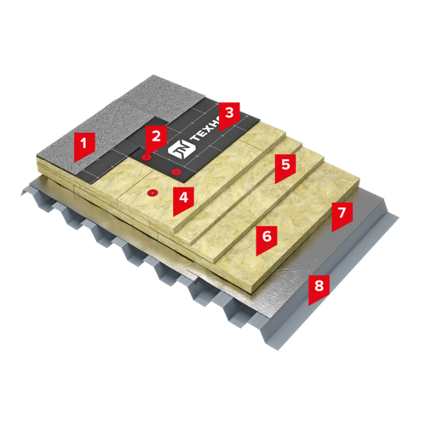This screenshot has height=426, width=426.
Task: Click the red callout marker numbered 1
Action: coord(84,145)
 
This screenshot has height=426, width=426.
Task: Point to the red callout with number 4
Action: coord(183,199)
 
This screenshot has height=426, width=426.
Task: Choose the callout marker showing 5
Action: coord(285,167)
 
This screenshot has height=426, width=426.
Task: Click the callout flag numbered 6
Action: coord(267,239)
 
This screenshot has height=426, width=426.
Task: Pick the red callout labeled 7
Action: coord(342,215)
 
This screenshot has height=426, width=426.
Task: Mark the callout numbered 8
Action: coord(319,288)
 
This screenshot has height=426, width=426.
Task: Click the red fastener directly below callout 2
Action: coord(147,158)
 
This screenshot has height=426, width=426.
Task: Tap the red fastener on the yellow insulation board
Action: coord(153,193)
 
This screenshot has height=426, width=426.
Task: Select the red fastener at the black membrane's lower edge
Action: coord(176,171)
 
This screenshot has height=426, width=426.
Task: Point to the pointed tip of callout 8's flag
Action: coord(309,305)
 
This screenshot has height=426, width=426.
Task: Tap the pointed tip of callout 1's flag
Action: coord(75,162)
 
